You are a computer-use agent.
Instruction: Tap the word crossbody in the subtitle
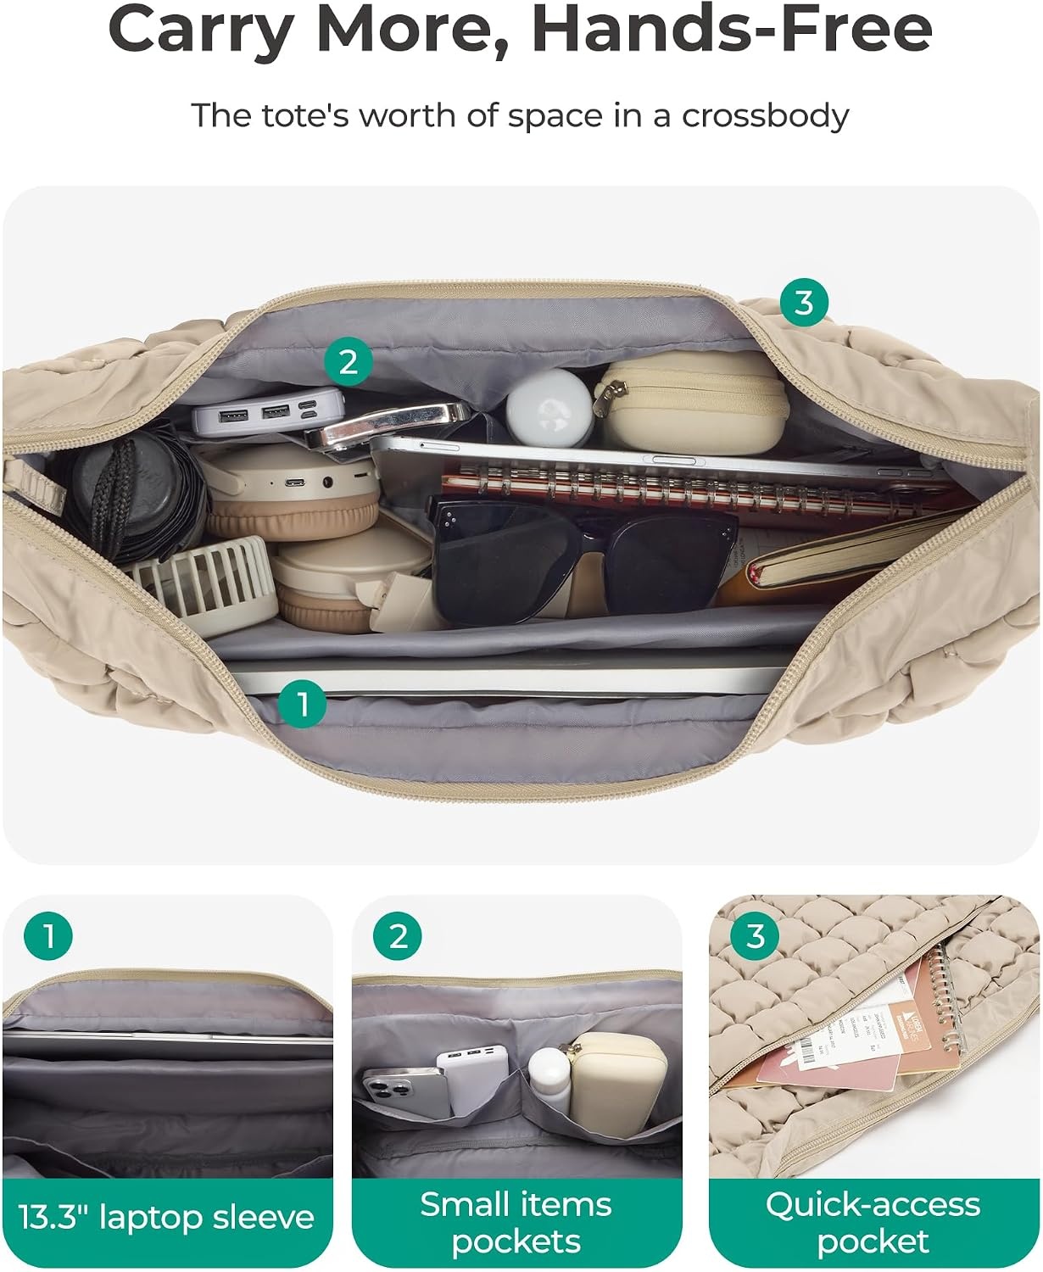tap(765, 116)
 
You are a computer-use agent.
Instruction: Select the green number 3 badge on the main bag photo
tap(804, 302)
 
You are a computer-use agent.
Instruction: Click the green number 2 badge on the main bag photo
tap(348, 362)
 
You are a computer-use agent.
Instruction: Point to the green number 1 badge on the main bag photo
tap(302, 703)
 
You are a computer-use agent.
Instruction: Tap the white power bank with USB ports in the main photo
tap(269, 410)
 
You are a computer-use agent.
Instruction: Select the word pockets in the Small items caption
tap(516, 1241)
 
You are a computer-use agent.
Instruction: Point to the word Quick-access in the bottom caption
tap(873, 1206)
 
